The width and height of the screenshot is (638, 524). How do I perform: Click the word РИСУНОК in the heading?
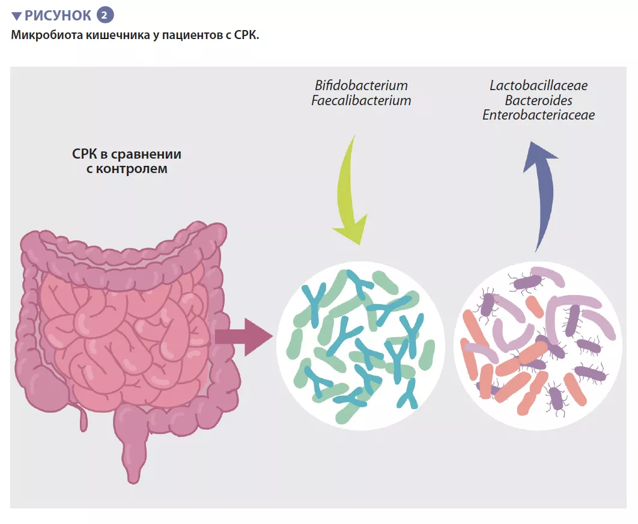(x=58, y=15)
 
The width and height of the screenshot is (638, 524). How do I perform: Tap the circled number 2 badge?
(x=106, y=15)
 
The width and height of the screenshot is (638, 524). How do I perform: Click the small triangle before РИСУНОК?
(x=16, y=16)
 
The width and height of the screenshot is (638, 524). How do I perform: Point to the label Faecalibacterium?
(x=361, y=100)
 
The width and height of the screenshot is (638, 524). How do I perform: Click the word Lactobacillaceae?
(x=538, y=85)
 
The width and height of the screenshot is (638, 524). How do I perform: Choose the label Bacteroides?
(x=538, y=100)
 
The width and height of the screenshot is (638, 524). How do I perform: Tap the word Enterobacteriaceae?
(x=538, y=115)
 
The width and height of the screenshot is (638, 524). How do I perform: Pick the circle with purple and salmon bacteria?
(x=538, y=346)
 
